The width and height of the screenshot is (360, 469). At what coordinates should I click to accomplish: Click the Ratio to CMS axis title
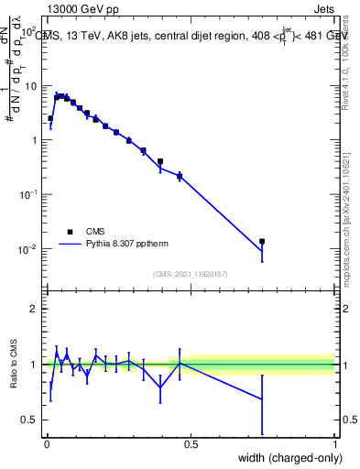point(13,365)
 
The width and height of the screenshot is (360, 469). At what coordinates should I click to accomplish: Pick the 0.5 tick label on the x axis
point(191,444)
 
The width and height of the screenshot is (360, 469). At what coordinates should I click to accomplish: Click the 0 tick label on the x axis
point(47,444)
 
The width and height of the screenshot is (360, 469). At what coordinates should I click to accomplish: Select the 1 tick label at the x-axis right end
point(334,444)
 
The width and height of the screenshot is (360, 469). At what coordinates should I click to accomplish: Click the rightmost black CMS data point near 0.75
point(262,241)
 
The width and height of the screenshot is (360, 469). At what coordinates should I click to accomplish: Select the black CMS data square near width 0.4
point(160,161)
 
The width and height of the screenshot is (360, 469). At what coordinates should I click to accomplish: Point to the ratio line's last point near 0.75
point(262,399)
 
